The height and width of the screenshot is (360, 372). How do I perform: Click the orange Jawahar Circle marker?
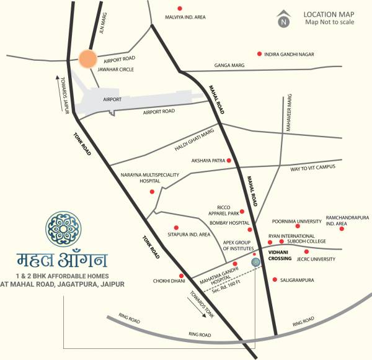coord(89,59)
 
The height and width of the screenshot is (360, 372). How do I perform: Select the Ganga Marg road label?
coord(229,65)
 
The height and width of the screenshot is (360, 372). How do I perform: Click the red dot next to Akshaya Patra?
coord(229,160)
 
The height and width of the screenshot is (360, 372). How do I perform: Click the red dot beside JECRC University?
coord(306,251)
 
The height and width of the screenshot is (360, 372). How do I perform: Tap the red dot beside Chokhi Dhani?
coord(181,276)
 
